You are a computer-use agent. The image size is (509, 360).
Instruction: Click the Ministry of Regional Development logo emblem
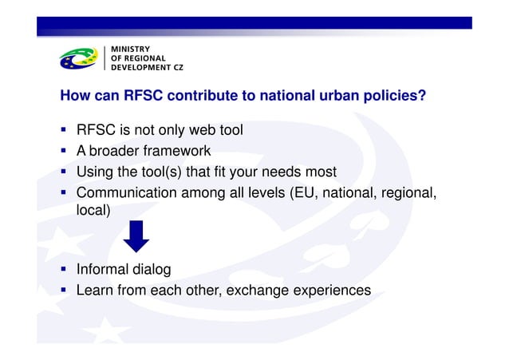tap(79, 58)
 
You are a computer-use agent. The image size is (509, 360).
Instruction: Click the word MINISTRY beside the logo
tap(133, 49)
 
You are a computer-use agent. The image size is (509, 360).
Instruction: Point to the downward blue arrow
tap(136, 237)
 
